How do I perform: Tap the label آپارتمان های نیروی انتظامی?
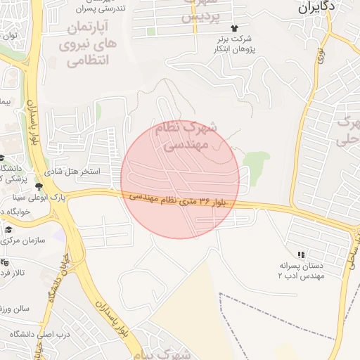pos(88,44)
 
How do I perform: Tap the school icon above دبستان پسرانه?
pos(301,254)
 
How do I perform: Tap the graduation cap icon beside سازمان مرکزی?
pos(8,229)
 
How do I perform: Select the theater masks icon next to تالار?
pos(5,262)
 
